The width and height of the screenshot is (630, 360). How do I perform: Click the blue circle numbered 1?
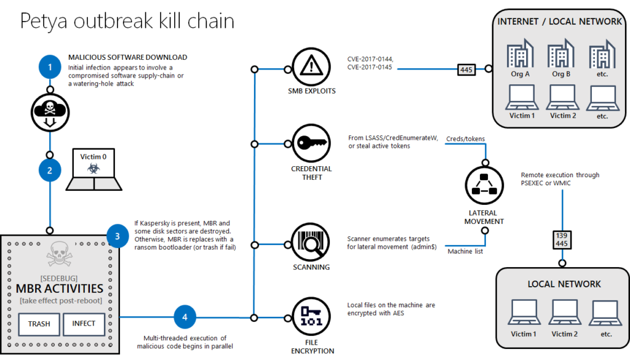[50, 66]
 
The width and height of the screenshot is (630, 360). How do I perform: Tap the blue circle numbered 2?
[50, 170]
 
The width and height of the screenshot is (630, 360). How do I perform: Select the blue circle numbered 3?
[117, 235]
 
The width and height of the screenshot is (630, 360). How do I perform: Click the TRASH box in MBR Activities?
[38, 324]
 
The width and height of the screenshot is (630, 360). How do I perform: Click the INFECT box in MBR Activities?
[84, 324]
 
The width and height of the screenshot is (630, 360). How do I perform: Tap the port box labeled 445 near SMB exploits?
[466, 70]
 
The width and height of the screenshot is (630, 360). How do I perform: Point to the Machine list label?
[465, 251]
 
